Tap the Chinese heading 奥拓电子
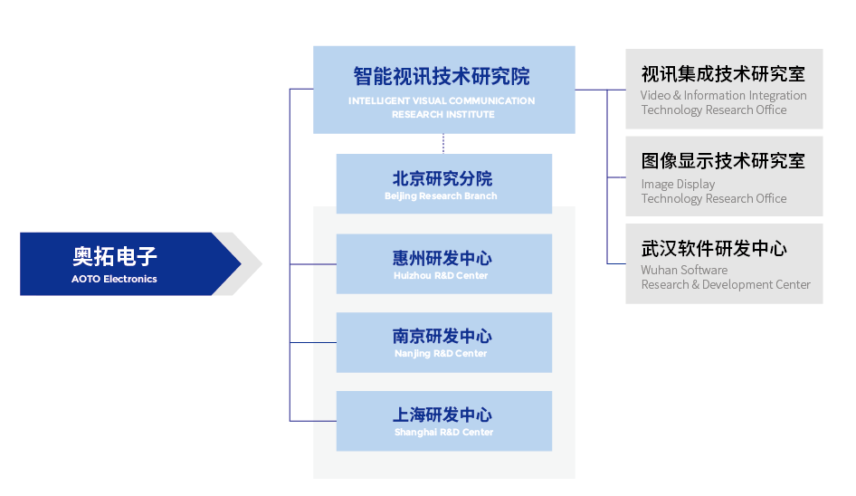coord(115,255)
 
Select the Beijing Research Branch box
coord(443,184)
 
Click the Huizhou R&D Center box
coord(443,263)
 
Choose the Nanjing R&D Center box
coord(443,342)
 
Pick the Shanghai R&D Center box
coord(443,421)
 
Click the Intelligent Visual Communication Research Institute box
coord(443,90)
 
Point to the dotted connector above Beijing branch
coord(443,143)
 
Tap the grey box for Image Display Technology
coord(724,176)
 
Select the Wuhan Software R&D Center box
coord(724,263)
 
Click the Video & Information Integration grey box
coord(724,89)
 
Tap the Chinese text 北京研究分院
coord(442,178)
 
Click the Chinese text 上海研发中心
coord(442,415)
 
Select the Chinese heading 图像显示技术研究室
coord(723,161)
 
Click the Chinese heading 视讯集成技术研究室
coord(723,73)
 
